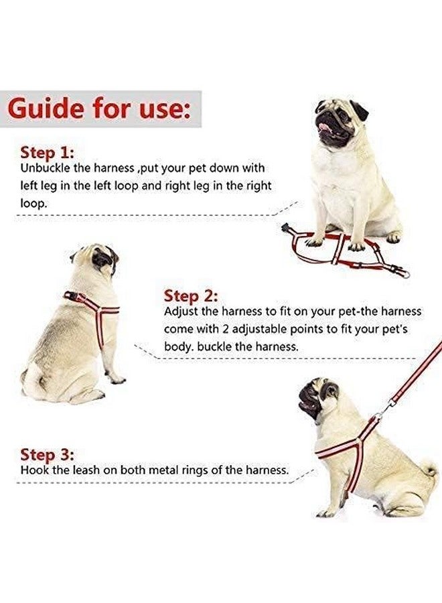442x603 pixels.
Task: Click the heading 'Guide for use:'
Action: click(x=103, y=108)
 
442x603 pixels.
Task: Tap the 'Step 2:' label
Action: click(x=191, y=295)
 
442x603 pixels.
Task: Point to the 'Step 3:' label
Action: click(x=47, y=454)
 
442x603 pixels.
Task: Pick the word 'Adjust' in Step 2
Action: click(x=181, y=312)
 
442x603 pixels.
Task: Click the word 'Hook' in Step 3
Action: click(x=33, y=470)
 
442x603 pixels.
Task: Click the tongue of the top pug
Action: click(x=326, y=128)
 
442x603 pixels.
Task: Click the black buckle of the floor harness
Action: click(x=288, y=228)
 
